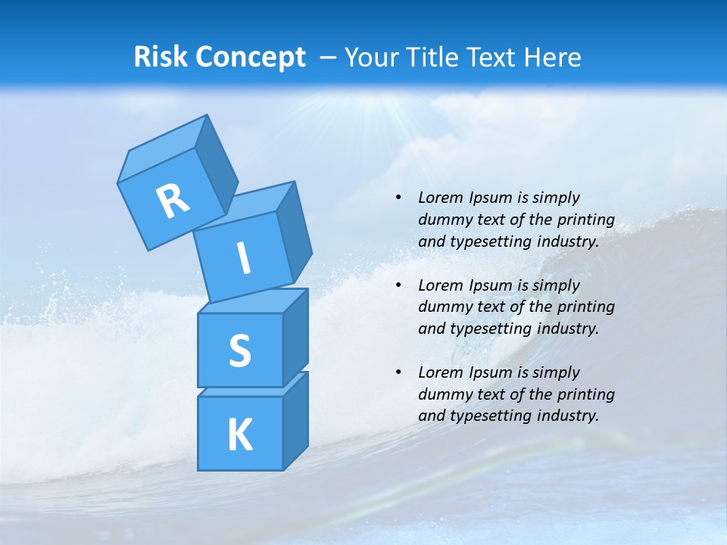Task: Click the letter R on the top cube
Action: (173, 201)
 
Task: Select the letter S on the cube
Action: (239, 350)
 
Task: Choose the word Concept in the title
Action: (251, 58)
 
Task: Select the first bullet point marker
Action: (398, 198)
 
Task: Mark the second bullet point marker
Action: (398, 285)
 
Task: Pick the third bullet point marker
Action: (398, 372)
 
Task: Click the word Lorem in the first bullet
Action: (439, 198)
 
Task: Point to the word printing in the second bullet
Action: (585, 307)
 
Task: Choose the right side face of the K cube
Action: (295, 420)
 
